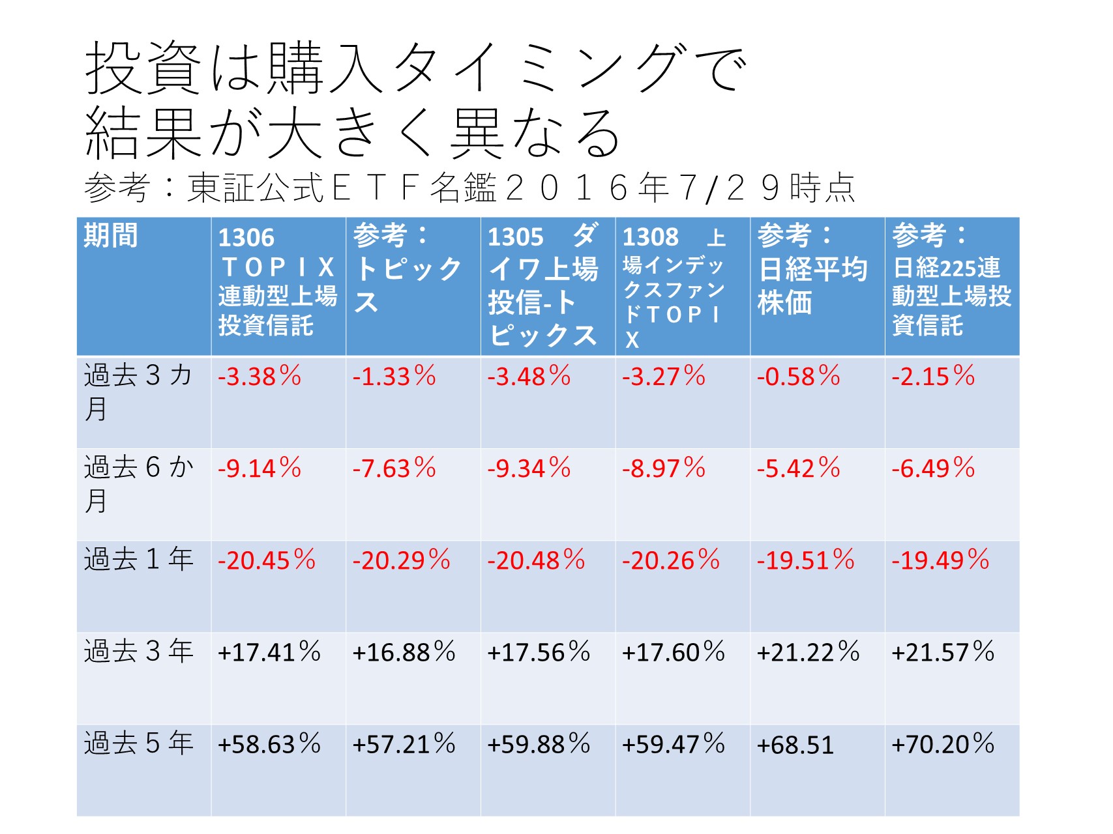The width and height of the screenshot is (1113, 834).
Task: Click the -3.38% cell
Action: [260, 377]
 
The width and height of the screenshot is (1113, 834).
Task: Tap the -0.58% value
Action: [798, 377]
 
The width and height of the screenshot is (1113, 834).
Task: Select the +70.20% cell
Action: [943, 744]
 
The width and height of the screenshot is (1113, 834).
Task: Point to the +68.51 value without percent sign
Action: [795, 745]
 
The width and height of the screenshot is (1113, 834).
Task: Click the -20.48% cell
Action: [536, 560]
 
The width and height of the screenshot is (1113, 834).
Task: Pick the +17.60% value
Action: [673, 652]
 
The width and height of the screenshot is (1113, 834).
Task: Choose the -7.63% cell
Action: [394, 468]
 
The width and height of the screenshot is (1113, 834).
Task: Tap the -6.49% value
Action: [933, 468]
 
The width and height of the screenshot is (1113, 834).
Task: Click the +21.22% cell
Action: [808, 652]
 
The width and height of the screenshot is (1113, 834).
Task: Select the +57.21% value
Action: [404, 744]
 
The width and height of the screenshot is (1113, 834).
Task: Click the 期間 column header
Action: [111, 235]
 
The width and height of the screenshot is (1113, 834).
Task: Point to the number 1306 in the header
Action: [246, 238]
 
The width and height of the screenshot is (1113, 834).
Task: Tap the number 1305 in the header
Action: [515, 237]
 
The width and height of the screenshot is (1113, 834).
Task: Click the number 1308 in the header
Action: [650, 237]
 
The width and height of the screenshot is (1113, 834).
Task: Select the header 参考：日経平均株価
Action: [812, 268]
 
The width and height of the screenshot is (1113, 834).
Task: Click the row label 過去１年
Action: [138, 560]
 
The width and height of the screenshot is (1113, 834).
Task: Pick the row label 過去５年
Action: [138, 743]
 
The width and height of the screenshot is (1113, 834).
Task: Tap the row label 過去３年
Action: [138, 652]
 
